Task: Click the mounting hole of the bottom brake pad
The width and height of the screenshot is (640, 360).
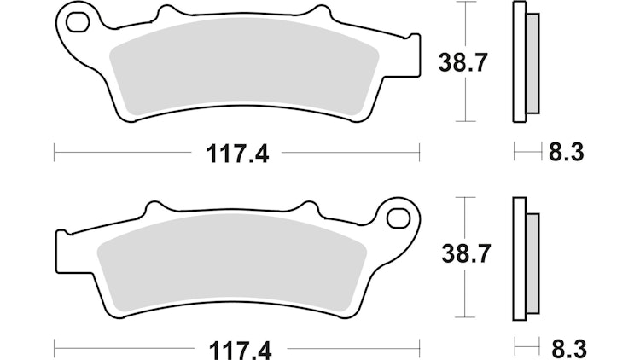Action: tap(398, 218)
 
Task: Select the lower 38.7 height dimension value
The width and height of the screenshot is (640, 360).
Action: tap(460, 253)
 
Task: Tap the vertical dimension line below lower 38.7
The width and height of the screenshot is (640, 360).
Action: tap(464, 294)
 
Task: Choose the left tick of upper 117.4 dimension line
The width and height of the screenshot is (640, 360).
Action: tap(54, 154)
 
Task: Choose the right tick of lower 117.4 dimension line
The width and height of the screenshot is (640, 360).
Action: tap(420, 347)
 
